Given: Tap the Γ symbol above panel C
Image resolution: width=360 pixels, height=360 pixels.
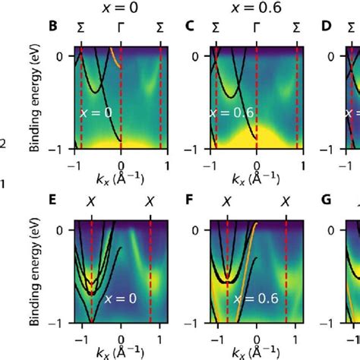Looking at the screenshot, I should pos(256,27).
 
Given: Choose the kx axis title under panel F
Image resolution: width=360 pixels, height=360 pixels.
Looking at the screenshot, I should pos(254,352).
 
